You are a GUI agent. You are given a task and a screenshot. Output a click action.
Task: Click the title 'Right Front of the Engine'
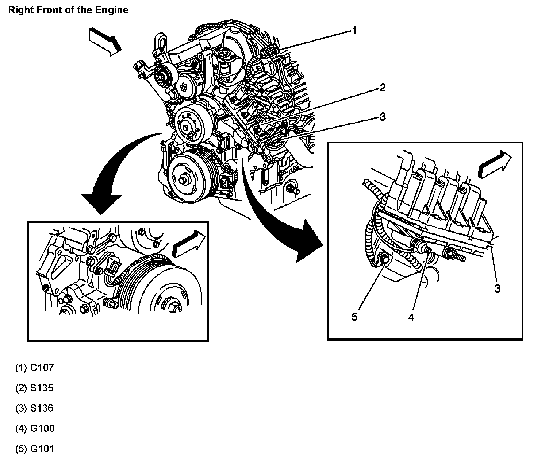(68, 10)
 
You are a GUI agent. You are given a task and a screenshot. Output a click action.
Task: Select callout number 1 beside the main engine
(354, 31)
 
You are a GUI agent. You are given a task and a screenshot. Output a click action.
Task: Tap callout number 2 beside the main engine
(382, 88)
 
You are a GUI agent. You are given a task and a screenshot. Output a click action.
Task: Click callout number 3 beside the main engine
(382, 117)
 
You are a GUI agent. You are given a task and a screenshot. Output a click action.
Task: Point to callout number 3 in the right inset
(497, 288)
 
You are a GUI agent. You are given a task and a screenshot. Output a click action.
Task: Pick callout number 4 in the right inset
(411, 317)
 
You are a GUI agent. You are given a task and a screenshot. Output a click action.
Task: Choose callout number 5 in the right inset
(354, 317)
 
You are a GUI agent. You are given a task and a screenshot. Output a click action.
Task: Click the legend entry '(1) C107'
(34, 368)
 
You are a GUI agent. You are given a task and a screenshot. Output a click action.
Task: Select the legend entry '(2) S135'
(34, 388)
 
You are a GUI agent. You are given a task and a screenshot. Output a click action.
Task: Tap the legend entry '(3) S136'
(34, 408)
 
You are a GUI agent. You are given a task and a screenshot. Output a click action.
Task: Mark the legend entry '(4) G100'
(35, 428)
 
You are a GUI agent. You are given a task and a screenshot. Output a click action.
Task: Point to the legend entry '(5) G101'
(35, 449)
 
